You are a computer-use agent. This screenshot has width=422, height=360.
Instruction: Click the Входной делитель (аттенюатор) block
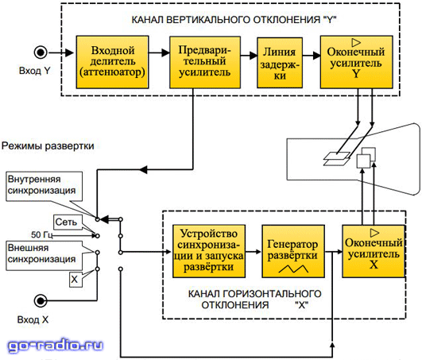point(112,62)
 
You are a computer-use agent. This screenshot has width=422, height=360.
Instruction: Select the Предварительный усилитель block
point(205,62)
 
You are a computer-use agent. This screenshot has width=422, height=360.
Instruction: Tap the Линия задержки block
point(280,63)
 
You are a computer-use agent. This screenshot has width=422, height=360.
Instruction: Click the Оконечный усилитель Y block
point(356,62)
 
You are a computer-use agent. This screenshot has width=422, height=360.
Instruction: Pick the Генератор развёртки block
point(293,251)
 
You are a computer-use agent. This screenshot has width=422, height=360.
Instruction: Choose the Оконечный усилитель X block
point(374,251)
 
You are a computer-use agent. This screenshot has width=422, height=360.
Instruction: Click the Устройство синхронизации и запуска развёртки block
point(208,251)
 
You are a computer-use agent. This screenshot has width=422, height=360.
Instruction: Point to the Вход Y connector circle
point(41,52)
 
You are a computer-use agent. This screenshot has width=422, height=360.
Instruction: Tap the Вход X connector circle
point(41,300)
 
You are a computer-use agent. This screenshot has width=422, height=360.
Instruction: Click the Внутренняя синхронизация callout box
point(45,187)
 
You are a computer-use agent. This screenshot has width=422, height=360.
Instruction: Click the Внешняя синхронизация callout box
point(45,255)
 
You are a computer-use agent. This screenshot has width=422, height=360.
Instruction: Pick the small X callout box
point(75,280)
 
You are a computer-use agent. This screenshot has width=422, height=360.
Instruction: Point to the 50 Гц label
point(41,235)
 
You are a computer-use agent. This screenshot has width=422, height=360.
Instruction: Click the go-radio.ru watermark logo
point(55,346)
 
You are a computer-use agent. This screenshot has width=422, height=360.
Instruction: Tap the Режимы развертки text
point(48,146)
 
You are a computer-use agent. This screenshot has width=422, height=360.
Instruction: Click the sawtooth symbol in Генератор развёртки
point(293,269)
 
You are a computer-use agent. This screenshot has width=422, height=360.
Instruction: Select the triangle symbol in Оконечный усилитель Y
point(356,42)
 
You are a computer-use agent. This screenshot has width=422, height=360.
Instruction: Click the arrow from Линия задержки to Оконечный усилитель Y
point(312,56)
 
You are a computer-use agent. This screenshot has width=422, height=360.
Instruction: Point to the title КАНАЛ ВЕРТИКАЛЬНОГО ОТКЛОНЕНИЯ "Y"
point(234,20)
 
